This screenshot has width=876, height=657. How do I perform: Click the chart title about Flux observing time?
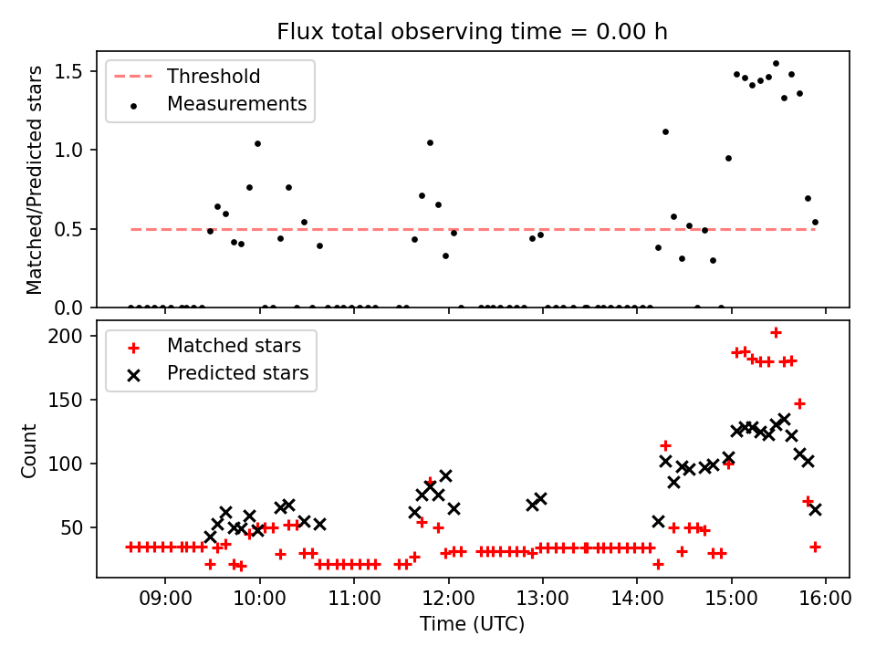click(472, 31)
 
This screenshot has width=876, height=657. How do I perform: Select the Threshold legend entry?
click(187, 76)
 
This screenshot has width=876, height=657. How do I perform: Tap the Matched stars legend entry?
click(214, 346)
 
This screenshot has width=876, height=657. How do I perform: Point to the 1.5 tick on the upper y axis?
click(68, 71)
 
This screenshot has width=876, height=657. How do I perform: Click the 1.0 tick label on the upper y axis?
click(68, 151)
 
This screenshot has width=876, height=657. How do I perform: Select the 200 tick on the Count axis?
click(65, 337)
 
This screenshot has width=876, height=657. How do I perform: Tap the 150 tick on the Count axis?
click(65, 400)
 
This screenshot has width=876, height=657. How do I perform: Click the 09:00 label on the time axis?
click(165, 599)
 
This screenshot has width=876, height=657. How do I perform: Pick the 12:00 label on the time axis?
click(449, 599)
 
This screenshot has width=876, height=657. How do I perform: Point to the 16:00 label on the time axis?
click(826, 599)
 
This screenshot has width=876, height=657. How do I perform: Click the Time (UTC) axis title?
click(472, 623)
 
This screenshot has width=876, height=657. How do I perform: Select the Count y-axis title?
click(28, 451)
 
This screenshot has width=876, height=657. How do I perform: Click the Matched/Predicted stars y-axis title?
click(34, 180)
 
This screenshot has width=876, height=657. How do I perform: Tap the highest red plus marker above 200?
click(776, 333)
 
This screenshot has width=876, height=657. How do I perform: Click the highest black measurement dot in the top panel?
click(776, 64)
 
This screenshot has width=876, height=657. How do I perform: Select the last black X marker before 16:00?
click(815, 509)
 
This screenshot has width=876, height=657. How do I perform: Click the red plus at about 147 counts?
click(799, 403)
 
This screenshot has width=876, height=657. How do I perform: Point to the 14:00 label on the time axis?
click(637, 599)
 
